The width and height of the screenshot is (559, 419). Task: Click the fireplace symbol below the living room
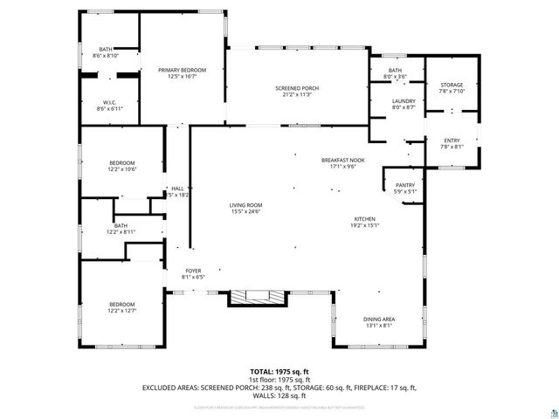coord(256,298)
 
